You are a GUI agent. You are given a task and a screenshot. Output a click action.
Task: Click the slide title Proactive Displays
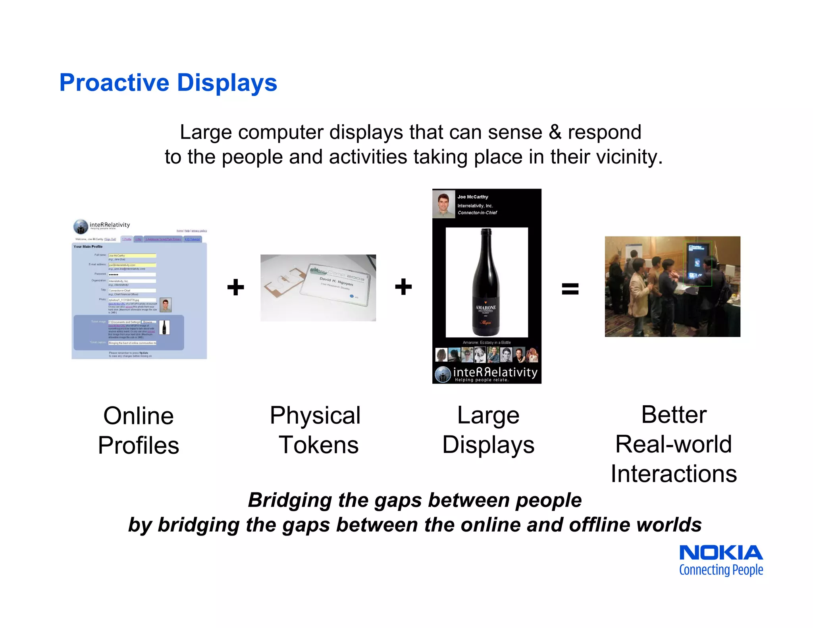(168, 83)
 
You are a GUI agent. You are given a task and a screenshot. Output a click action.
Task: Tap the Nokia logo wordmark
(721, 553)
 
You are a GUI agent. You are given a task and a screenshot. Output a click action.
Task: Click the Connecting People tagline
(721, 570)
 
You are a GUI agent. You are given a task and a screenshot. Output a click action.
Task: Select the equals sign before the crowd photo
(570, 288)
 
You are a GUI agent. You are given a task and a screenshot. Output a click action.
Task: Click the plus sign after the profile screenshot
(235, 287)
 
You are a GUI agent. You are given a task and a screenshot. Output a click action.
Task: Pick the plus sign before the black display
(403, 287)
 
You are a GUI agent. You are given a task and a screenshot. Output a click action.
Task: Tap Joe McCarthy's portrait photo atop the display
(443, 204)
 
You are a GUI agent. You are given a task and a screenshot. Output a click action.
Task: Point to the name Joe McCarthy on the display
(472, 197)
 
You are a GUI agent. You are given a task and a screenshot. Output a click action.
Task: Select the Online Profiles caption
(139, 430)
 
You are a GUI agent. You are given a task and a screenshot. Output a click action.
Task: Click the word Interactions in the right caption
(674, 474)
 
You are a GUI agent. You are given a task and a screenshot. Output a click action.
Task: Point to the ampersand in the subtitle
(555, 132)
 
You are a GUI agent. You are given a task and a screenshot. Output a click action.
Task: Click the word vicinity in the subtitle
(630, 157)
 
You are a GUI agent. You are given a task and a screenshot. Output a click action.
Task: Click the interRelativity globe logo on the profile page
(81, 227)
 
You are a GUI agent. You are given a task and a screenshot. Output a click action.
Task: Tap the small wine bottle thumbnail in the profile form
(164, 327)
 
